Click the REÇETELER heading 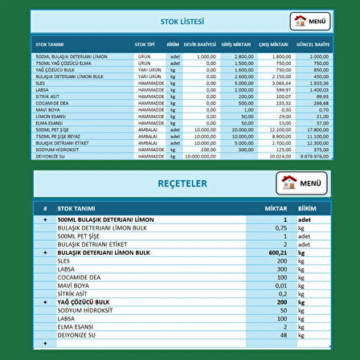pos(182,184)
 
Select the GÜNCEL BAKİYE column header pos(313,44)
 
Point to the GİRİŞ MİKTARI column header pos(243,44)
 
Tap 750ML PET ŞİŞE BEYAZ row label pos(57,136)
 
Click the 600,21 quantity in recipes pos(278,252)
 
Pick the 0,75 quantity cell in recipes pos(280,227)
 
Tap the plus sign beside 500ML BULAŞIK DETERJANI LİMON pos(45,219)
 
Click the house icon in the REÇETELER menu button pos(291,183)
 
